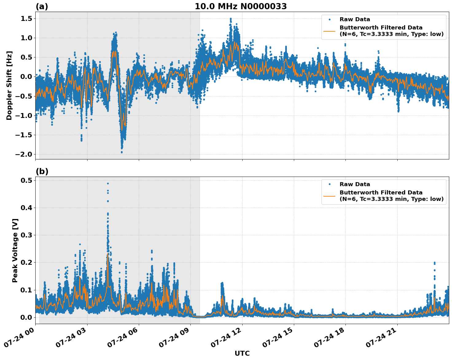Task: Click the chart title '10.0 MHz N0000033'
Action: [x=240, y=6]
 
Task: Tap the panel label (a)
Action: [x=42, y=6]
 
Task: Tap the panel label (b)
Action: [x=42, y=171]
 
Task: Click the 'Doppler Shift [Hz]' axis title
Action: [x=9, y=85]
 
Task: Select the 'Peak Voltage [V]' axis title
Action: [x=15, y=250]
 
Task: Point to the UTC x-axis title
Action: [x=242, y=353]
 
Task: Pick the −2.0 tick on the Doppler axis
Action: [x=24, y=154]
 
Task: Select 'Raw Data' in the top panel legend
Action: [x=355, y=19]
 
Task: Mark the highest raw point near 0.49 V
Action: [x=108, y=183]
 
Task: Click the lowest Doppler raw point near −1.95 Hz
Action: [x=122, y=152]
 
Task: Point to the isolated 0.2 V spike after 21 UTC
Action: [x=434, y=263]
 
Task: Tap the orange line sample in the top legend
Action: [x=329, y=31]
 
